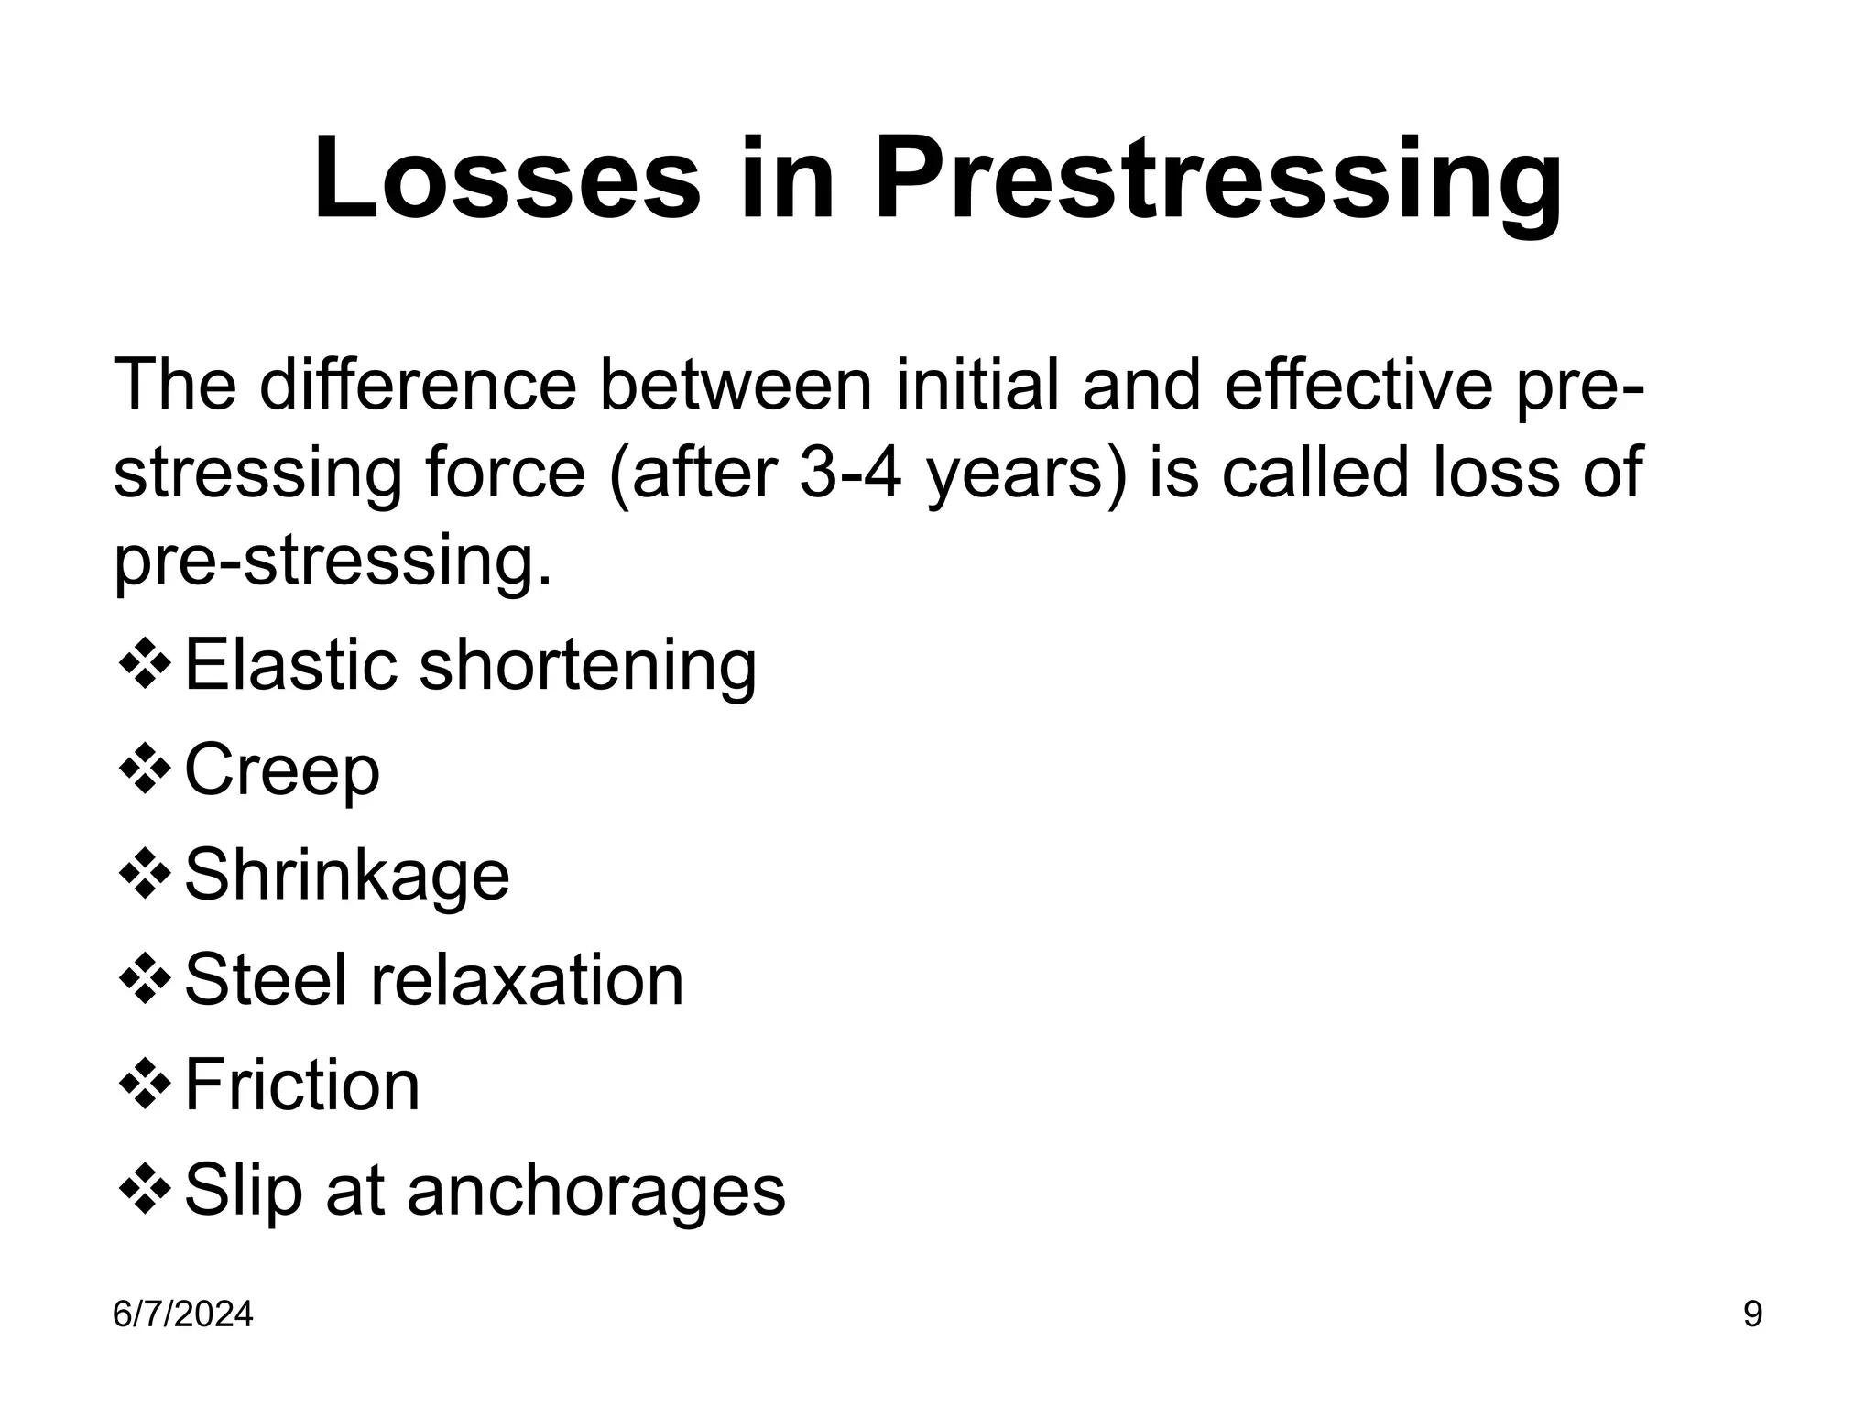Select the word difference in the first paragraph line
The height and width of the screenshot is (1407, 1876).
pyautogui.click(x=418, y=385)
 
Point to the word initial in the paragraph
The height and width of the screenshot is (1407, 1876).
pyautogui.click(x=976, y=385)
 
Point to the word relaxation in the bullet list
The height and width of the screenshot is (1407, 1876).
pyautogui.click(x=527, y=981)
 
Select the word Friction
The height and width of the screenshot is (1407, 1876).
pyautogui.click(x=302, y=1086)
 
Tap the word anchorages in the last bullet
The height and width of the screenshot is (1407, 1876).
pyautogui.click(x=596, y=1192)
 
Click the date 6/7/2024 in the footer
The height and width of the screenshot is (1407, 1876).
pyautogui.click(x=182, y=1315)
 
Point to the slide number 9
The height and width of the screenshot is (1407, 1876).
pyautogui.click(x=1752, y=1315)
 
